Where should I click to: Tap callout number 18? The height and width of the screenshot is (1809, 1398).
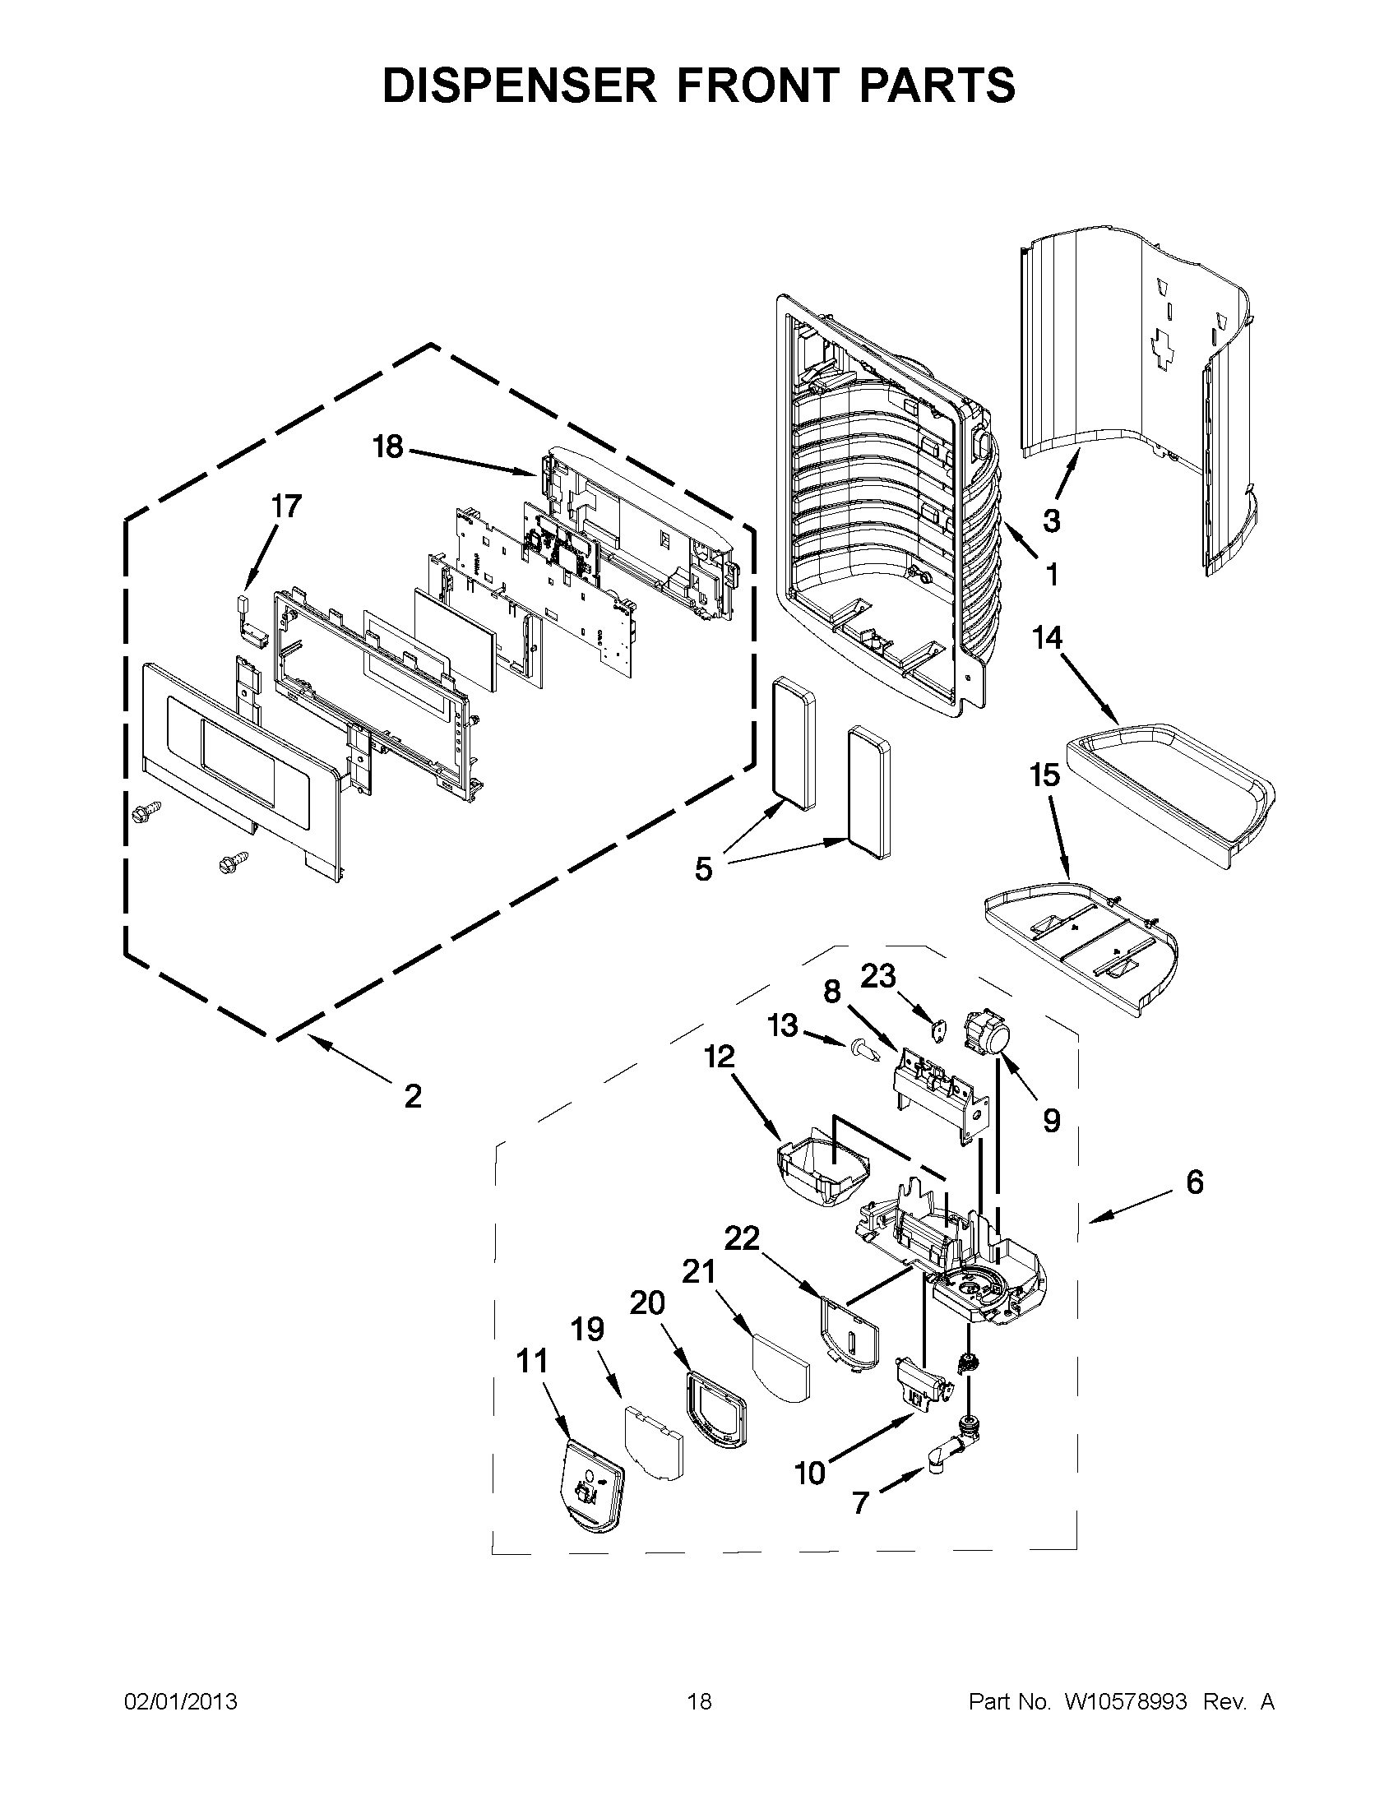click(387, 447)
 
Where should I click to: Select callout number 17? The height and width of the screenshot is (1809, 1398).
click(286, 506)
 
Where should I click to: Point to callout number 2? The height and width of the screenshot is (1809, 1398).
click(413, 1096)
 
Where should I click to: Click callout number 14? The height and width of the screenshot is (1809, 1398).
click(1047, 637)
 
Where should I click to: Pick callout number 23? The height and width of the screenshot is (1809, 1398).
click(878, 976)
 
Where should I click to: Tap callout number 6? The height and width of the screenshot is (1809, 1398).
click(1194, 1182)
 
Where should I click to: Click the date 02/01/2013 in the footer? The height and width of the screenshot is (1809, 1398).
click(181, 1701)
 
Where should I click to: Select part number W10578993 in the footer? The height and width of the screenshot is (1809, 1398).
click(1127, 1701)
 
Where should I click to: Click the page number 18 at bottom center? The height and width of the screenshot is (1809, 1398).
click(699, 1701)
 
